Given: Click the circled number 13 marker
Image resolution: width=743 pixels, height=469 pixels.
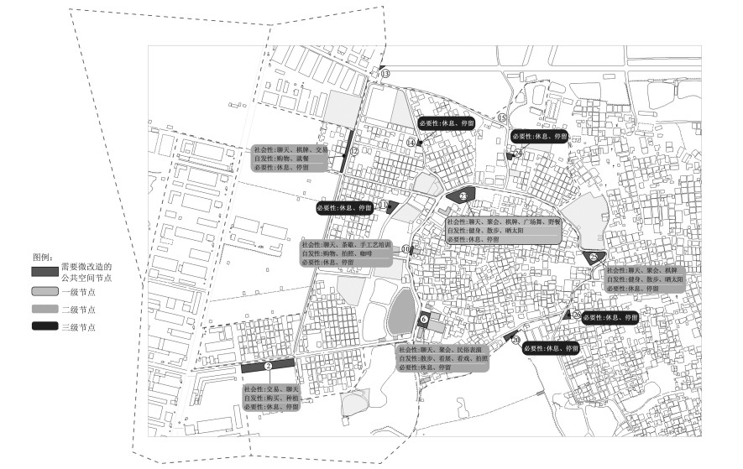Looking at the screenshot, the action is click(x=385, y=74).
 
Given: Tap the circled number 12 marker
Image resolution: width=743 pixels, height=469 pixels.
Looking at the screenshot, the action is click(x=355, y=152).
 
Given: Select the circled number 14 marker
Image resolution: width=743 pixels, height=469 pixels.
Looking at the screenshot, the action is click(x=411, y=143).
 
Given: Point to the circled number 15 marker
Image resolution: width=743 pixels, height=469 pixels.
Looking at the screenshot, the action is click(x=502, y=117).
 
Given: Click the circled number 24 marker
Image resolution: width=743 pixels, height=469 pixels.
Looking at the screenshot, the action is click(x=518, y=154).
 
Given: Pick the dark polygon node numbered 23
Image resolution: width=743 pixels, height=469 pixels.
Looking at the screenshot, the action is click(x=465, y=195).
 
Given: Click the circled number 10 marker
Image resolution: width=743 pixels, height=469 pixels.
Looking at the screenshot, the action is click(x=406, y=249).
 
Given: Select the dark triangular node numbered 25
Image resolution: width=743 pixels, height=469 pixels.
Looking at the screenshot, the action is click(x=594, y=257).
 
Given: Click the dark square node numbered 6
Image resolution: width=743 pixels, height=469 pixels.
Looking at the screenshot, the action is click(x=424, y=320).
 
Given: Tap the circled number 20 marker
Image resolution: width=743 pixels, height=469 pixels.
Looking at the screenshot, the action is click(x=515, y=340).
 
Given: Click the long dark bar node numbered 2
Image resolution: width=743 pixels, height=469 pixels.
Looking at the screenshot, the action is click(x=268, y=366).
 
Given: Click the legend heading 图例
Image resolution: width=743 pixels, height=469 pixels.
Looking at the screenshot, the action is click(x=44, y=257).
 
